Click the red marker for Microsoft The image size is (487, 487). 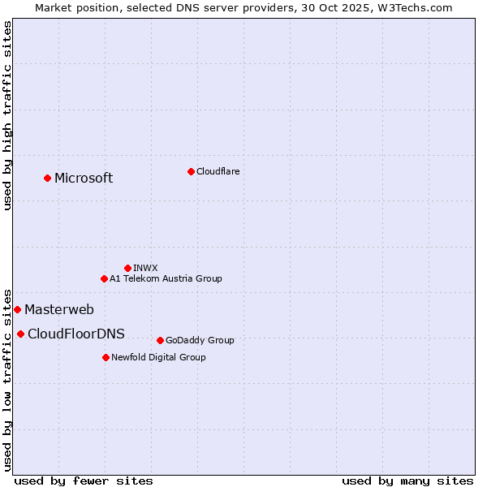point(47,178)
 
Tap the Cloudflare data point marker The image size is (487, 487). point(191,171)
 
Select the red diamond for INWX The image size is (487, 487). point(127,268)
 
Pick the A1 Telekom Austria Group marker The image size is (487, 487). point(104,278)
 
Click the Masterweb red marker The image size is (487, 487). point(17,309)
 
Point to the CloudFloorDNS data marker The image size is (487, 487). point(20,334)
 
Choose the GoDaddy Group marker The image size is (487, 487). point(160,340)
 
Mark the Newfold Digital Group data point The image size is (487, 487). point(106,357)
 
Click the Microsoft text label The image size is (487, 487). point(84,179)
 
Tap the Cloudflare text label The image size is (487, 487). point(218,171)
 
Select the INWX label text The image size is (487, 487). point(145,268)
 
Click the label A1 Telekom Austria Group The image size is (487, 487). point(166,278)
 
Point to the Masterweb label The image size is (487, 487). point(59,309)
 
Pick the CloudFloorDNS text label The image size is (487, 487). point(76,334)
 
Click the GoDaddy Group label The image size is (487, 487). point(200,340)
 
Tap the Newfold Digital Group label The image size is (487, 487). point(158,357)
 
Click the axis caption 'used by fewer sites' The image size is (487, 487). point(84,481)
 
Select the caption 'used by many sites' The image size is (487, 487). point(407,481)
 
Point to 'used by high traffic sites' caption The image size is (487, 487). point(7,115)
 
